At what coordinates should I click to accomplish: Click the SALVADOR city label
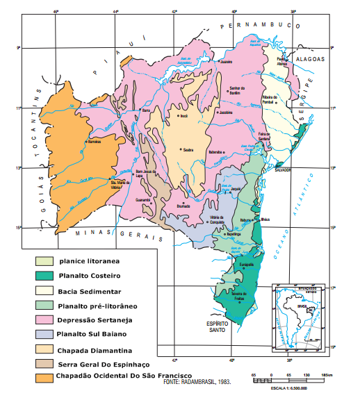(281, 169)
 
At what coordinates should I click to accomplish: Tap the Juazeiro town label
(224, 62)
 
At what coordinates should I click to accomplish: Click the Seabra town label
(188, 149)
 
